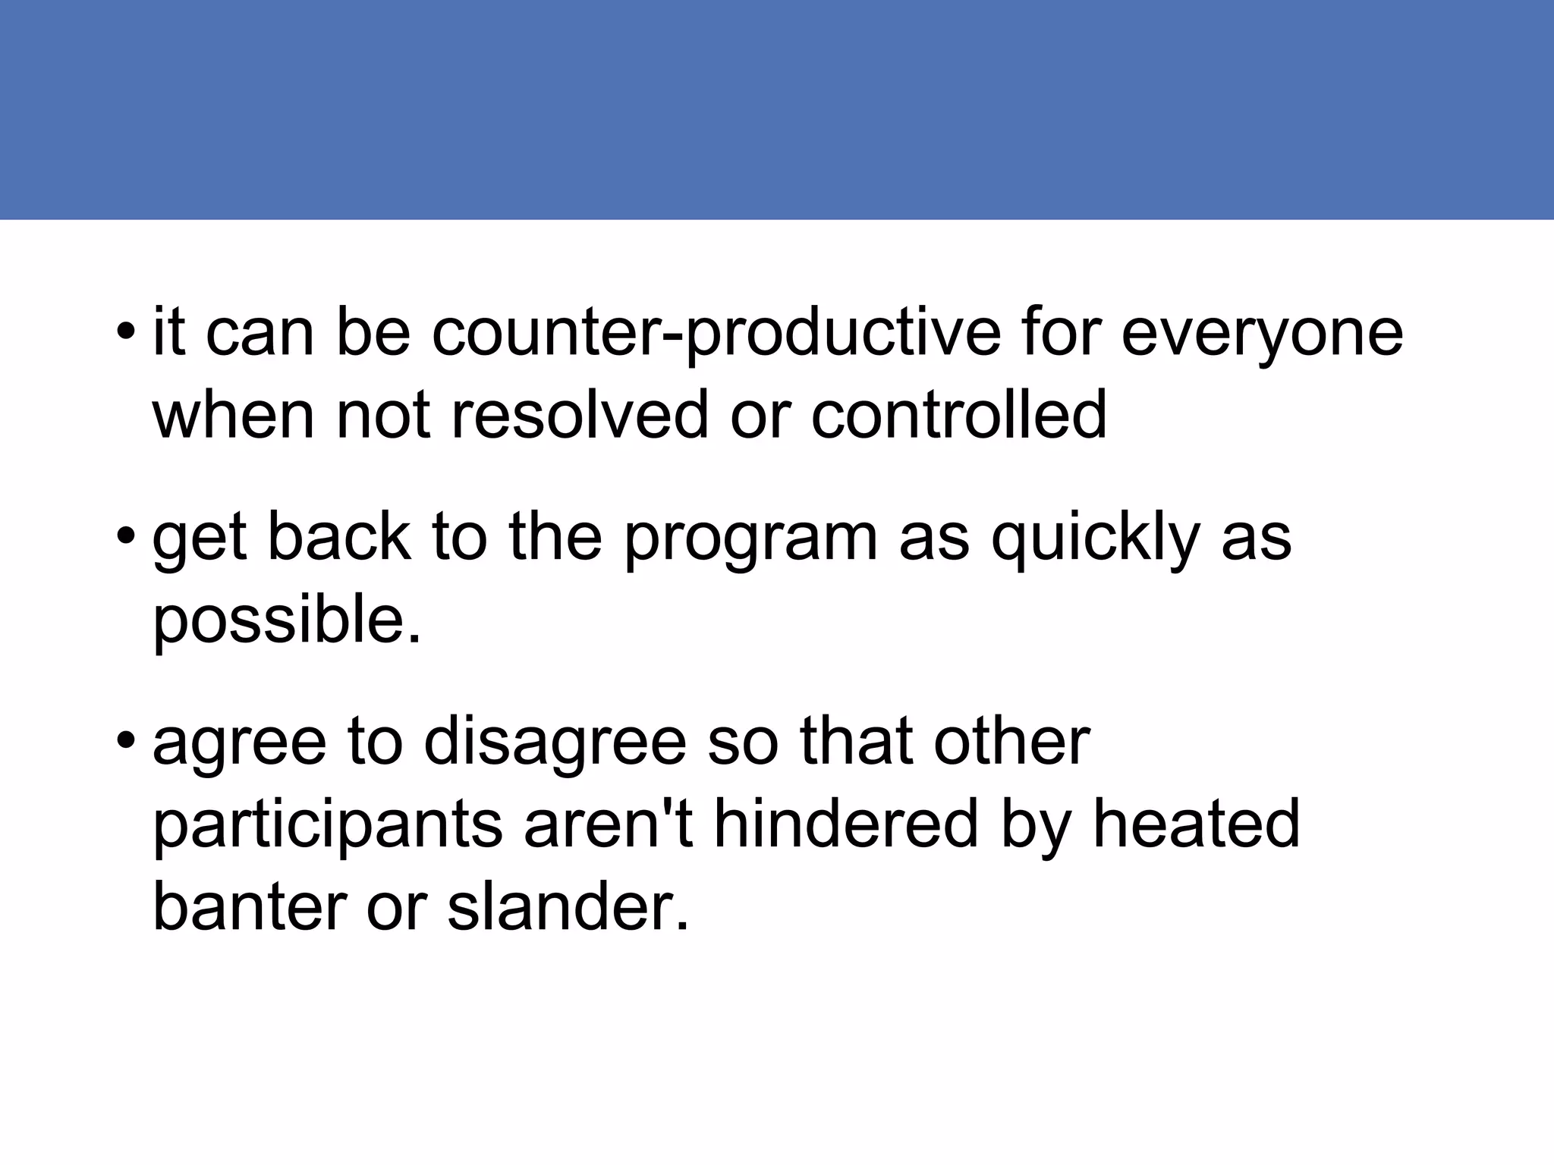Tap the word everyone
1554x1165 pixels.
pos(1262,334)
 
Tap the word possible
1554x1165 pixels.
pos(287,620)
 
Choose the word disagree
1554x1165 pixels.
pos(555,743)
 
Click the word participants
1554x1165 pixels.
pos(328,825)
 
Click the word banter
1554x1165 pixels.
pos(250,907)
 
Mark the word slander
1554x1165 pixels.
pos(568,907)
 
